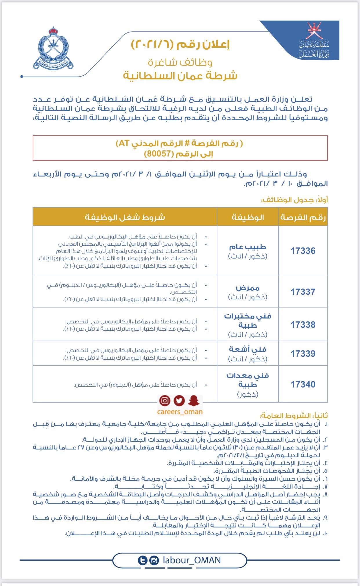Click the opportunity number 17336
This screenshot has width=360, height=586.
pyautogui.click(x=303, y=251)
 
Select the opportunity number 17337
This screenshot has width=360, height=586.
pyautogui.click(x=303, y=292)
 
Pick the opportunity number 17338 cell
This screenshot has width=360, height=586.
pyautogui.click(x=303, y=325)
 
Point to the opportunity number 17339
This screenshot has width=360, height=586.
pyautogui.click(x=303, y=354)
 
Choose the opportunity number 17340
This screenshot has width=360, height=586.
pyautogui.click(x=303, y=384)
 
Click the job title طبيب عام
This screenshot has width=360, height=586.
pyautogui.click(x=248, y=247)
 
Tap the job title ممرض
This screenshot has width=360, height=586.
pyautogui.click(x=248, y=288)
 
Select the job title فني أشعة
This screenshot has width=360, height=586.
pyautogui.click(x=248, y=349)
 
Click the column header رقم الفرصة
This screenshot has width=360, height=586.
pyautogui.click(x=303, y=217)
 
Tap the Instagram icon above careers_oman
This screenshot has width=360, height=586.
pyautogui.click(x=165, y=401)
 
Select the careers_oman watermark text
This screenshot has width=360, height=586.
pyautogui.click(x=180, y=412)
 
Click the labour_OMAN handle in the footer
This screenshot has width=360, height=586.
pyautogui.click(x=192, y=560)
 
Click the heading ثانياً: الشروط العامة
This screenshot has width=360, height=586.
pyautogui.click(x=294, y=416)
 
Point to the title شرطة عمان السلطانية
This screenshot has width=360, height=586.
pyautogui.click(x=180, y=76)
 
